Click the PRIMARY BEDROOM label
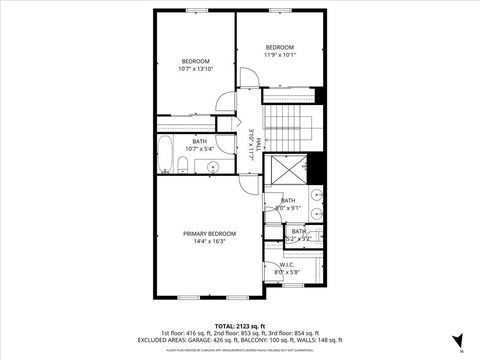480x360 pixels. click(x=209, y=233)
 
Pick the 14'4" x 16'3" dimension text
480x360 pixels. click(x=209, y=241)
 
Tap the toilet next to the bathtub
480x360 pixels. click(x=186, y=164)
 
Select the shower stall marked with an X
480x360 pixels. click(x=290, y=176)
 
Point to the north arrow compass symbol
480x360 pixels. click(x=458, y=339)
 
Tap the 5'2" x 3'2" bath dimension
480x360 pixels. click(x=300, y=239)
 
